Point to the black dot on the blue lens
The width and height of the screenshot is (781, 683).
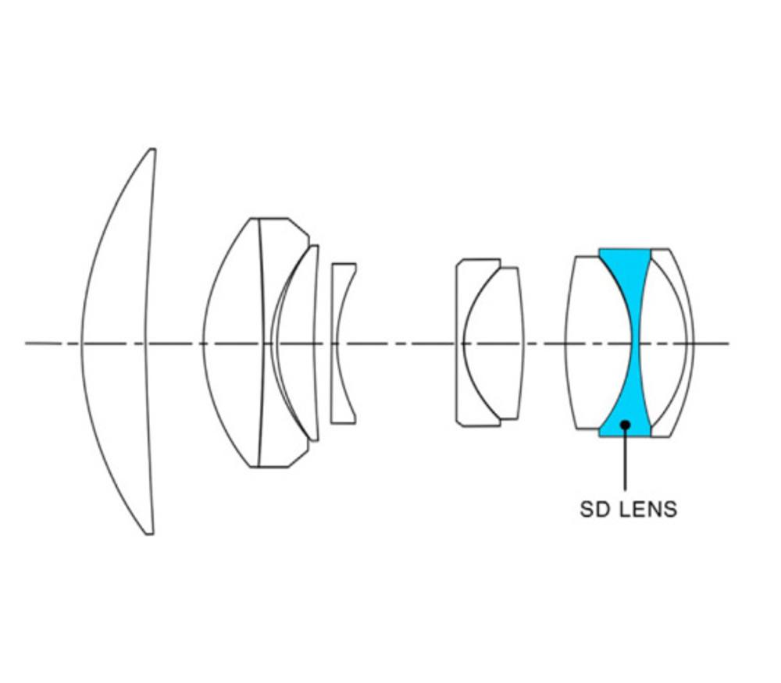(625, 425)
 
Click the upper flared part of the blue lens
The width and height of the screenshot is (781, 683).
(626, 269)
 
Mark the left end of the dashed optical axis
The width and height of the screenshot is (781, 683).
(26, 343)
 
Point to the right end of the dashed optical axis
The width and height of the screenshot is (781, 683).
(729, 343)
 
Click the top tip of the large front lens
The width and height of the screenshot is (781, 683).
(152, 149)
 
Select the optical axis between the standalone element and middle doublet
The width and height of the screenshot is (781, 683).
(406, 343)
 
